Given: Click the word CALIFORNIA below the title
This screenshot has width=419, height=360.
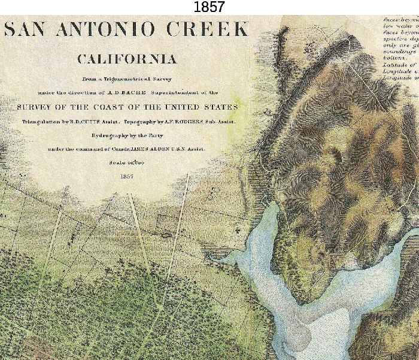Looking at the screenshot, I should (127, 59).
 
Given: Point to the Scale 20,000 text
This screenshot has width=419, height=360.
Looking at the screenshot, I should (127, 162).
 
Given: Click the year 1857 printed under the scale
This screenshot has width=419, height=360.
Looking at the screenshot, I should (127, 176).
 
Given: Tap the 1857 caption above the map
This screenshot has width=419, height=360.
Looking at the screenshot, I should (209, 7).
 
